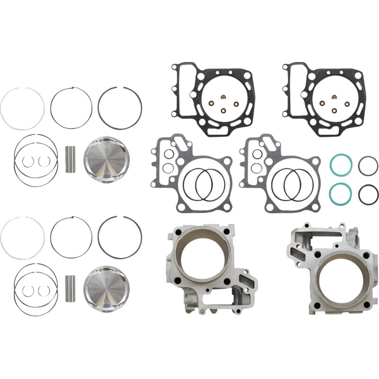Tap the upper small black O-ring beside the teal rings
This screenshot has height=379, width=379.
368,166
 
